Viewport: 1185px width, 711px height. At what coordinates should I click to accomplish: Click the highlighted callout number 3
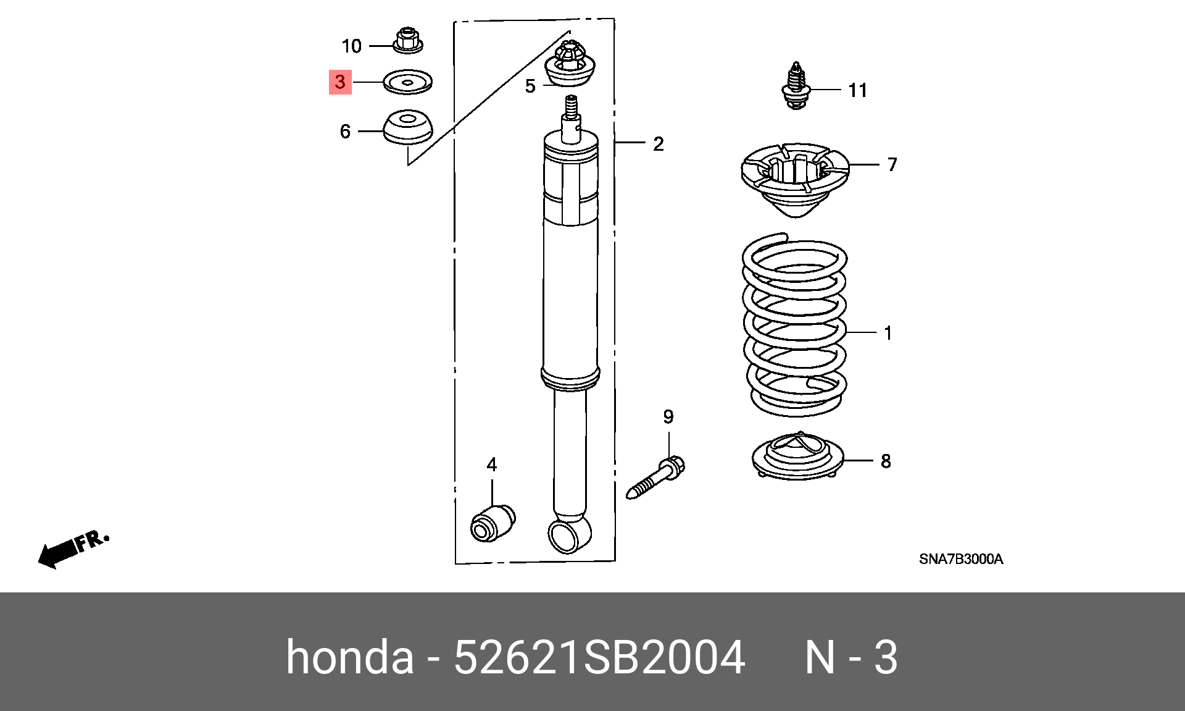pos(340,82)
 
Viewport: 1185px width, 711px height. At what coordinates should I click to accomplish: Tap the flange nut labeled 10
pos(407,41)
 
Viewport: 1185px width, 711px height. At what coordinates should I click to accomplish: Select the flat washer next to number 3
pos(407,82)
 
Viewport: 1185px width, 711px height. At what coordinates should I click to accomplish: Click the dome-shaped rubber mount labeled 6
pos(408,127)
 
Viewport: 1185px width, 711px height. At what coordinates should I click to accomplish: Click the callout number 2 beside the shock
pos(659,144)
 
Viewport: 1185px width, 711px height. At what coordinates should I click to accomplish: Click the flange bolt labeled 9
pos(655,478)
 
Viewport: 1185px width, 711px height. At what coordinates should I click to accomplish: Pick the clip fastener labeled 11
pos(796,86)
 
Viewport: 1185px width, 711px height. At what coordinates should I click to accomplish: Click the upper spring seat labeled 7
pos(795,176)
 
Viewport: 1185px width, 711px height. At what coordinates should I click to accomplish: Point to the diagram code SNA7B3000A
pos(961,559)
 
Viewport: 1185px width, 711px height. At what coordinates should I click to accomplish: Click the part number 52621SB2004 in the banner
pos(599,657)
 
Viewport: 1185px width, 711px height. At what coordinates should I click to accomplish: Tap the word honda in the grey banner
pos(349,657)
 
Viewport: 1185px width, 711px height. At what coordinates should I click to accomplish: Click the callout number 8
pos(886,461)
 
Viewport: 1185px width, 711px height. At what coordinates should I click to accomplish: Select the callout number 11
pos(858,91)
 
